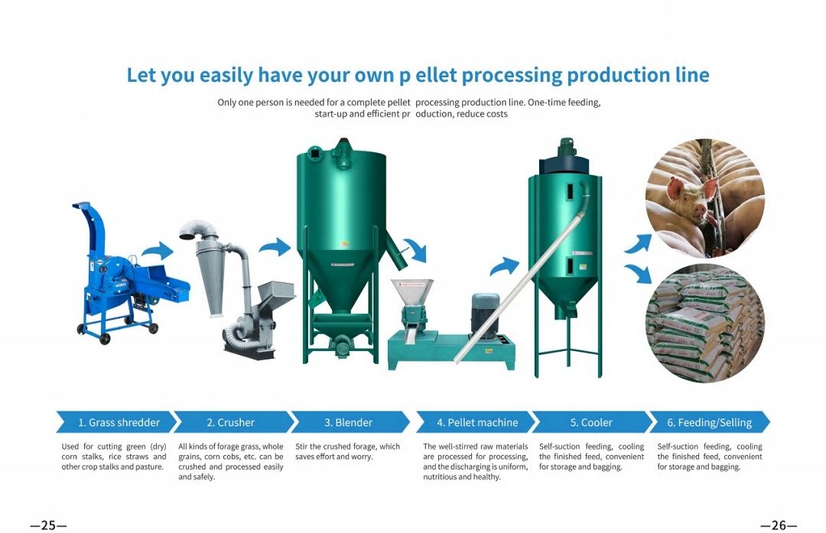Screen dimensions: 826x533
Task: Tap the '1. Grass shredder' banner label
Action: pos(119,422)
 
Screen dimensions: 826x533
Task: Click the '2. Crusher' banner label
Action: pos(231,422)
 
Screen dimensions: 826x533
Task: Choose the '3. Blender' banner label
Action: pos(348,422)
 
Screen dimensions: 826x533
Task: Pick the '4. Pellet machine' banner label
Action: pos(477,422)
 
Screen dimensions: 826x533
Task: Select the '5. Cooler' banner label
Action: pos(591,422)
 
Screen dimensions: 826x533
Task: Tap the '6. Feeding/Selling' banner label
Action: pos(710,422)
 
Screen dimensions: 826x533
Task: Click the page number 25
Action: pos(48,525)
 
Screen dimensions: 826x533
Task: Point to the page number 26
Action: pos(779,525)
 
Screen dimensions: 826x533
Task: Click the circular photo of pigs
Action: pos(705,198)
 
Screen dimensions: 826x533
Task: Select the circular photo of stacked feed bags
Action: pos(705,323)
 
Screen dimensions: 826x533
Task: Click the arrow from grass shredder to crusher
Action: pos(158,251)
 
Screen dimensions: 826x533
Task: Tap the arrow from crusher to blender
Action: pos(275,246)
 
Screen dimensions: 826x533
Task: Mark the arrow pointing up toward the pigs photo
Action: pos(638,244)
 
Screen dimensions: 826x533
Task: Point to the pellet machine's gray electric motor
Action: pos(485,315)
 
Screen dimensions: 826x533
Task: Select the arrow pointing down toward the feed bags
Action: pos(638,274)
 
